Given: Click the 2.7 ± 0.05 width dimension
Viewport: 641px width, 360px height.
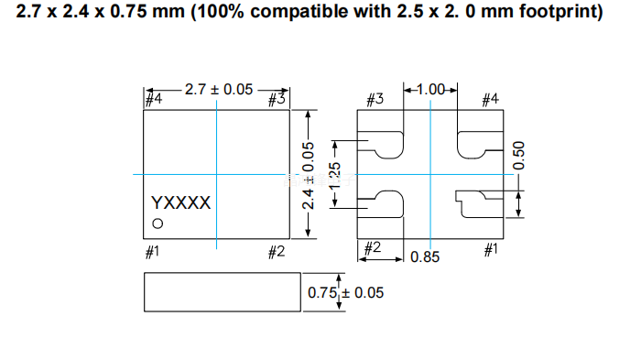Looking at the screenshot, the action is click(219, 90).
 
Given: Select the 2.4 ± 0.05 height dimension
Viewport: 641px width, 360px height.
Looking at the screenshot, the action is click(309, 176).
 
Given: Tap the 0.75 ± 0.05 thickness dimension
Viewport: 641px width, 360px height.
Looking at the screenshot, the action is click(345, 292).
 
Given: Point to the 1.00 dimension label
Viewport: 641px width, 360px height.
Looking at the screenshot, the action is click(430, 89).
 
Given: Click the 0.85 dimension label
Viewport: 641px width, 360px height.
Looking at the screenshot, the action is click(425, 256).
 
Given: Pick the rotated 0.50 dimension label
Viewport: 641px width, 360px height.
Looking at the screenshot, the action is click(518, 156).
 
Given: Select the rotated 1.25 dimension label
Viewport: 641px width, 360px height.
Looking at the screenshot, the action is click(335, 176).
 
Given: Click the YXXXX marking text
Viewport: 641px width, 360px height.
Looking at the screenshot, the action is click(180, 202).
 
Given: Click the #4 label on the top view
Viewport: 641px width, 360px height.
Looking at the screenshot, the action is click(154, 99).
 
